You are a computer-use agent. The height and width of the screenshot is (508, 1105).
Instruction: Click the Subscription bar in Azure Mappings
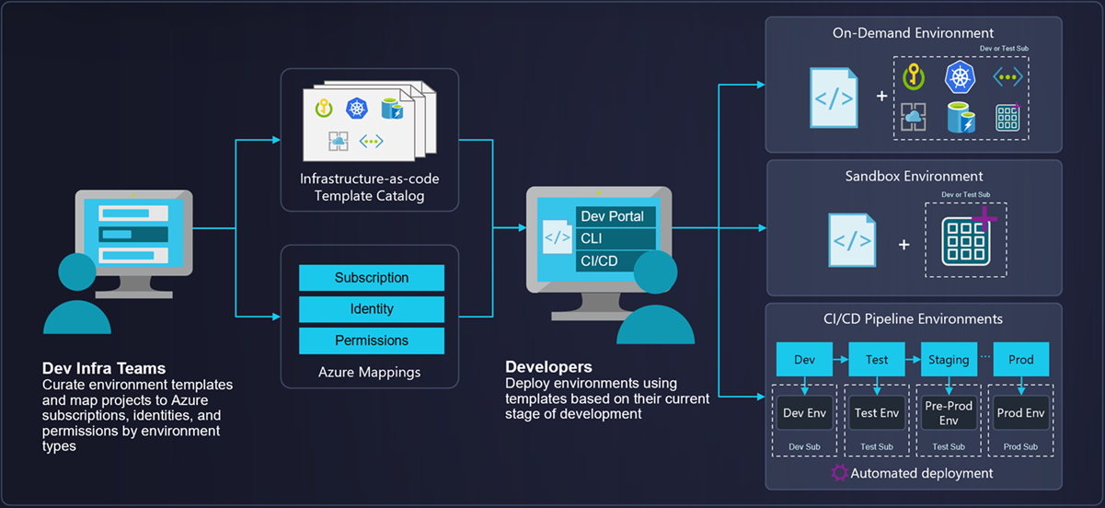372,278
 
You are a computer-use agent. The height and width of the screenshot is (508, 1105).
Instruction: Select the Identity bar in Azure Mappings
372,309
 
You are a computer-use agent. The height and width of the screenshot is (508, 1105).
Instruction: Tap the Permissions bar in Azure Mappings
372,341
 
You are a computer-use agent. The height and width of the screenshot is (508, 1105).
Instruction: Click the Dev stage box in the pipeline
804,360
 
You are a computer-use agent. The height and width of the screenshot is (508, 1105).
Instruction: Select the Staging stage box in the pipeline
949,360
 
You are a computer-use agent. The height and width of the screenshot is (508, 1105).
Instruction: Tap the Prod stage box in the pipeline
1020,360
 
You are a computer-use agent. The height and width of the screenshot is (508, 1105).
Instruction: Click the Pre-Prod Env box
949,413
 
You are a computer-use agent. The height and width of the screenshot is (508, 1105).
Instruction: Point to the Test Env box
877,413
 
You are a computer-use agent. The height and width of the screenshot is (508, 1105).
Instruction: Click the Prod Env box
1020,413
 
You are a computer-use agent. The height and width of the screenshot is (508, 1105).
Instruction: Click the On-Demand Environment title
914,33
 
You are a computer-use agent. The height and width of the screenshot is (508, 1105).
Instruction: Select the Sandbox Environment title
914,176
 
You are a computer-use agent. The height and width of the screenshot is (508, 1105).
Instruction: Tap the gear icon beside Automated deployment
839,473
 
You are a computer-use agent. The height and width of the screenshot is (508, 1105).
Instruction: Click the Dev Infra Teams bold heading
104,369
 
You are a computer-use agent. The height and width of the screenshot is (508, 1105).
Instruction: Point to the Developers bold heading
548,367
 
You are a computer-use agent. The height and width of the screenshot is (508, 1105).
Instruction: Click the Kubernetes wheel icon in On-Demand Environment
960,77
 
